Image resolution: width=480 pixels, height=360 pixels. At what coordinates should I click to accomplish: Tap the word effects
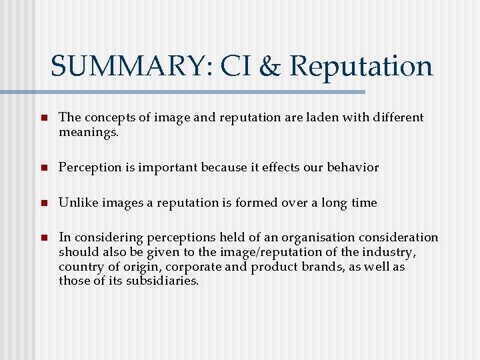[272, 167]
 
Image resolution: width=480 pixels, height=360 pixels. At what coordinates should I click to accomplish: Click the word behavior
[352, 167]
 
